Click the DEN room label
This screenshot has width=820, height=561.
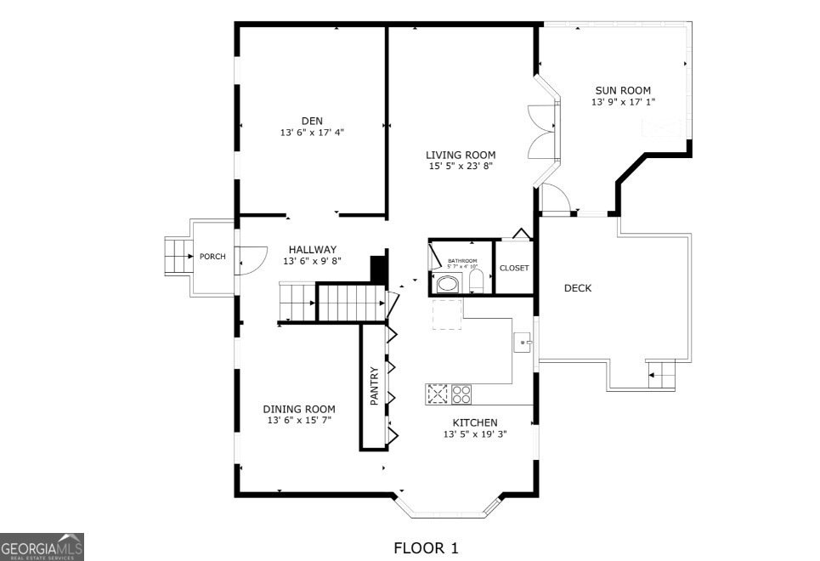312,121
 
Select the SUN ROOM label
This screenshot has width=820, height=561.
623,90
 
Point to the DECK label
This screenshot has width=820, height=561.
578,288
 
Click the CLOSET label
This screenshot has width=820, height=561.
514,268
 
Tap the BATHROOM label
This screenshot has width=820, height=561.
462,261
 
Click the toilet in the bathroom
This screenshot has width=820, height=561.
476,282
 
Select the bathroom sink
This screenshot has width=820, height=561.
447,283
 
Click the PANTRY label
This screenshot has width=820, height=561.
374,386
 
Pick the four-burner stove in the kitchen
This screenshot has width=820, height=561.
461,394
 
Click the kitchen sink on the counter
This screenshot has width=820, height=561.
523,343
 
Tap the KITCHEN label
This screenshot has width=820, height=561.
475,422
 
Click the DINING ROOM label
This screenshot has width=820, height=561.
298,409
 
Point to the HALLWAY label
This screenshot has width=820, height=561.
312,249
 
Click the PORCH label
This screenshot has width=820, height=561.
212,257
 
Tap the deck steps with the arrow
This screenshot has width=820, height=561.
661,374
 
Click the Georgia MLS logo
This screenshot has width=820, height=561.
42,547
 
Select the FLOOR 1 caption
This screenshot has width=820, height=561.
426,548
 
